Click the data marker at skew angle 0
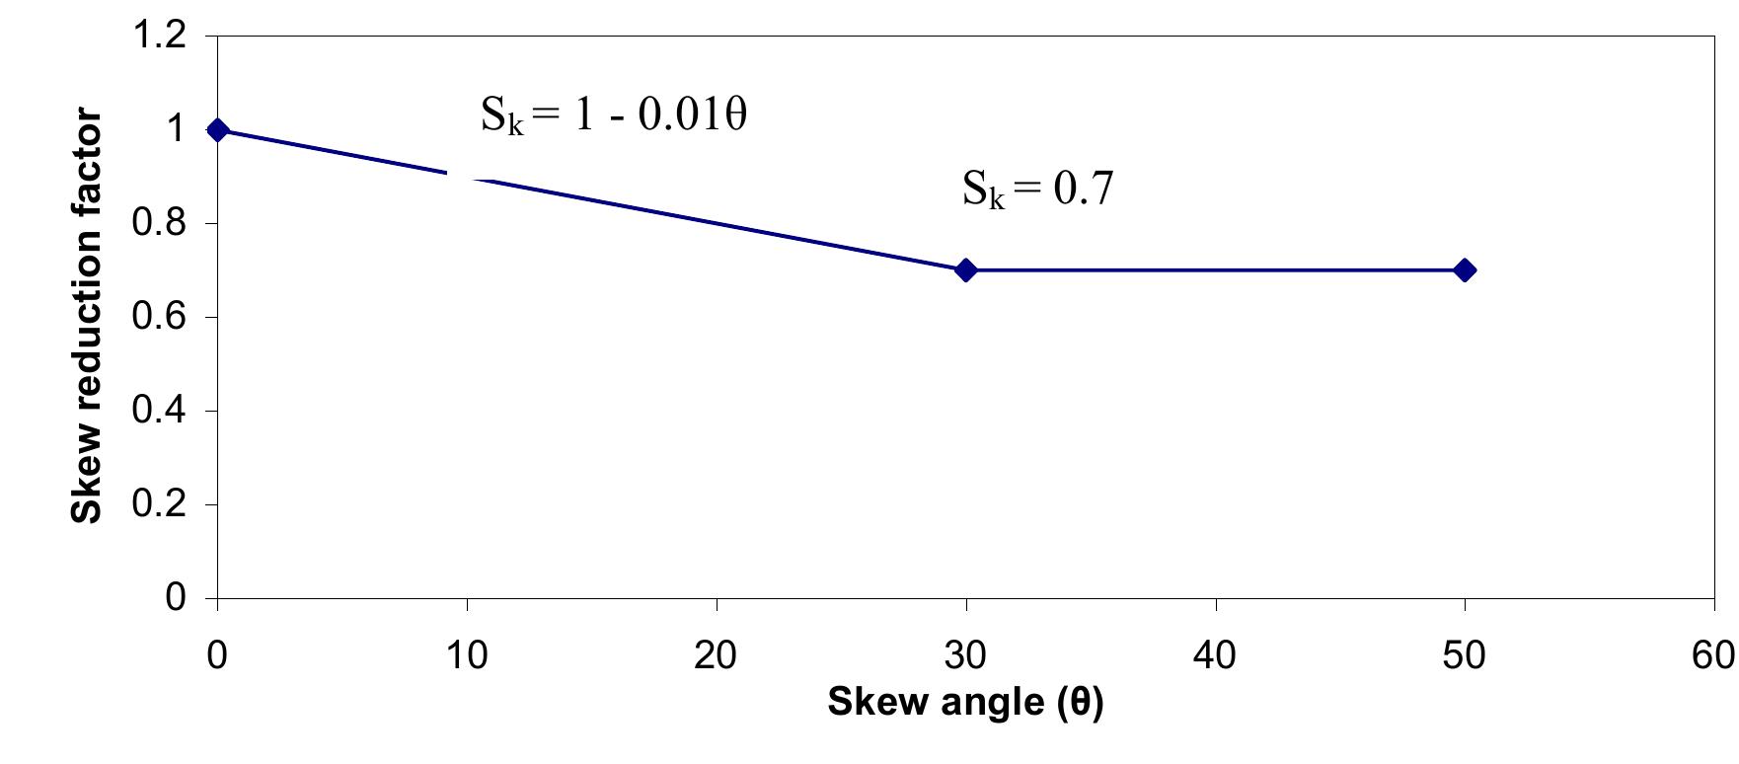[x=218, y=130]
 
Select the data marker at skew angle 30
[x=966, y=270]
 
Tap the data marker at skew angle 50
[x=1465, y=270]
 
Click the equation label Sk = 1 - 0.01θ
[x=613, y=116]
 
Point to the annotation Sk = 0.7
[x=1037, y=188]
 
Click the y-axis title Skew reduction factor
[x=87, y=317]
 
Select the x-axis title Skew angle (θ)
[x=964, y=702]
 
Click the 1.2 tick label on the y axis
[x=159, y=37]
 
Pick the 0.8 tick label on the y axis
[x=159, y=224]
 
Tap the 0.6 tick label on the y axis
[x=159, y=318]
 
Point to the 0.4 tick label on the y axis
[x=159, y=411]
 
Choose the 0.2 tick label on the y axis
[x=159, y=504]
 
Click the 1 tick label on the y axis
[x=177, y=130]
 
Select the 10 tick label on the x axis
[x=467, y=655]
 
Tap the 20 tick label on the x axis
[x=717, y=655]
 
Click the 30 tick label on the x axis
[x=966, y=655]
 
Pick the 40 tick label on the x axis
[x=1215, y=655]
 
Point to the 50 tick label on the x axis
[x=1465, y=655]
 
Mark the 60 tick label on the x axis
[x=1713, y=655]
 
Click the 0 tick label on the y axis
[x=177, y=598]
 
